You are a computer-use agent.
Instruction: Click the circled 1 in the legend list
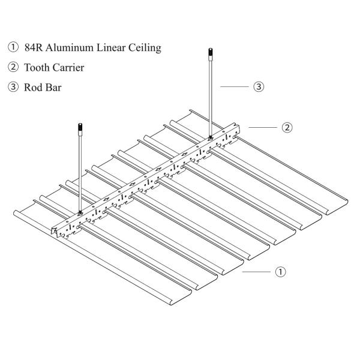pyautogui.click(x=12, y=47)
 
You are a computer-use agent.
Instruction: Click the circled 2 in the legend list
pyautogui.click(x=12, y=67)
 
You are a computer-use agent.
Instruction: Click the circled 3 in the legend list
pyautogui.click(x=12, y=87)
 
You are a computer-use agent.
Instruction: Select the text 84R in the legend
pyautogui.click(x=34, y=47)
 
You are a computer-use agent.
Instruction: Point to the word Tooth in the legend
pyautogui.click(x=37, y=67)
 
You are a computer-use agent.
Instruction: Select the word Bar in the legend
pyautogui.click(x=53, y=87)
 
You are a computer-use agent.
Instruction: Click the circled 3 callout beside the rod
pyautogui.click(x=259, y=87)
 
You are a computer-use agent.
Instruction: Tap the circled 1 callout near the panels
pyautogui.click(x=280, y=272)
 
